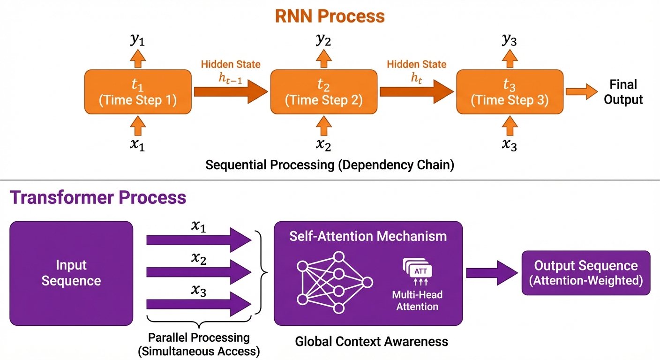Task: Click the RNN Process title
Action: [330, 16]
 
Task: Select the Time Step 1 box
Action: [137, 92]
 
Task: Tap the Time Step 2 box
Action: [323, 92]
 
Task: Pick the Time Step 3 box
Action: [509, 92]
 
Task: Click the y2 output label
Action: [323, 41]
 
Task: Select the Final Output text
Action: [623, 92]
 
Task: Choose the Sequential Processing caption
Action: [330, 165]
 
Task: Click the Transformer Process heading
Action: [98, 197]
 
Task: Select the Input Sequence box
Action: [71, 273]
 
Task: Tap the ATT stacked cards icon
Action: [417, 269]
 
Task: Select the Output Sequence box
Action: [585, 273]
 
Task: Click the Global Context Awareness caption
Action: [371, 341]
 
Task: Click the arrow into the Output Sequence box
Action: [490, 273]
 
